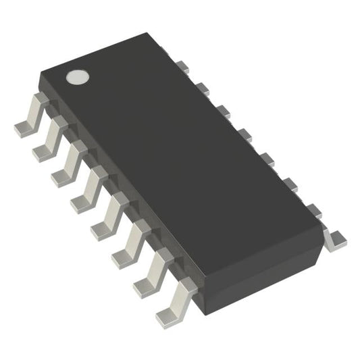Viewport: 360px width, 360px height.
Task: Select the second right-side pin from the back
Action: tap(202, 88)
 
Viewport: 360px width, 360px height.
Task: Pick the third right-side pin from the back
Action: tap(224, 111)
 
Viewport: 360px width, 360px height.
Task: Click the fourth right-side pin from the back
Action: tap(245, 134)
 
